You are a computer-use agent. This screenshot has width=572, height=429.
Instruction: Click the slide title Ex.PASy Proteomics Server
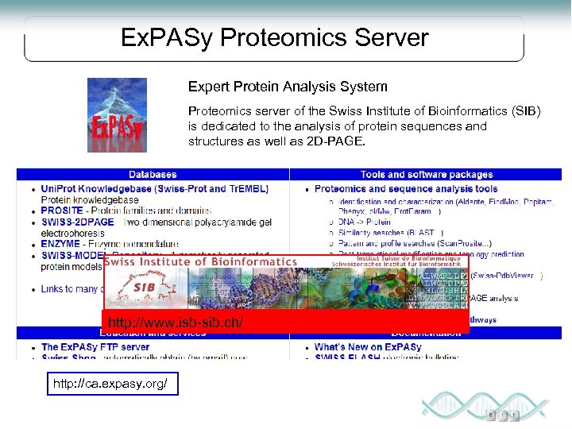click(274, 38)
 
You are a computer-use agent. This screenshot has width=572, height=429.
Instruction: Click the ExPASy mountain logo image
click(117, 114)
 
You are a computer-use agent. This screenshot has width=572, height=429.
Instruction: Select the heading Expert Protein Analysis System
click(288, 87)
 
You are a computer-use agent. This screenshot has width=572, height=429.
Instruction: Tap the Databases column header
click(153, 174)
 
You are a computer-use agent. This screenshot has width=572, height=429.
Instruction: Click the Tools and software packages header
click(426, 174)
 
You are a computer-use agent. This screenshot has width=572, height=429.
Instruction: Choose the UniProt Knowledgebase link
click(155, 189)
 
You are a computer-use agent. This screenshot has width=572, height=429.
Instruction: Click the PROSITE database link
click(63, 211)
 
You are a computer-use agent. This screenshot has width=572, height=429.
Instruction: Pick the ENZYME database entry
click(61, 245)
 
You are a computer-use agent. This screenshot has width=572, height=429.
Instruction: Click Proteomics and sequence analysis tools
click(406, 189)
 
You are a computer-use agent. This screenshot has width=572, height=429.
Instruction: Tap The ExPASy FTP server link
click(95, 347)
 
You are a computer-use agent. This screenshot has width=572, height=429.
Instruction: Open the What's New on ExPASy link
click(368, 347)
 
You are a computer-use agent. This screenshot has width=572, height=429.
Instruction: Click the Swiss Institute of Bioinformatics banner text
click(200, 261)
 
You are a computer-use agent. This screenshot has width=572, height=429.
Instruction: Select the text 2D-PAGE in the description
click(341, 141)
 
